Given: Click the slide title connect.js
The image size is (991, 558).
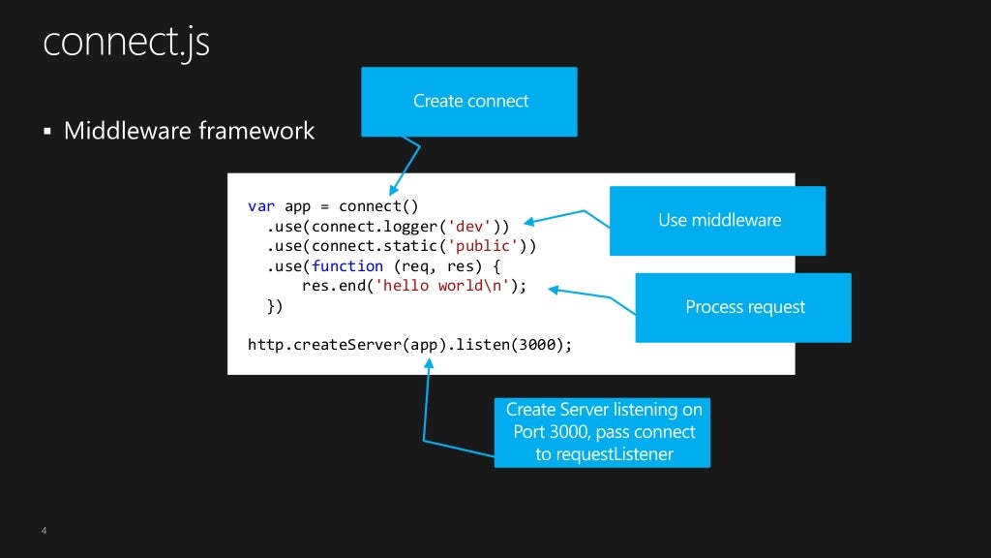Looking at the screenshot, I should coord(126,43).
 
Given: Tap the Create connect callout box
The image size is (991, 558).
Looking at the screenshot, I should coord(469,102).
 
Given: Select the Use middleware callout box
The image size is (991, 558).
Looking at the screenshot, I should coord(717,221).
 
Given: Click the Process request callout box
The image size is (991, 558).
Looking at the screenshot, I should coord(743,308).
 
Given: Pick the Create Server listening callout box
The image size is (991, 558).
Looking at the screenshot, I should coord(602,432).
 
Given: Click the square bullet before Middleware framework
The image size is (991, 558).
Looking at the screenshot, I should coord(46,131).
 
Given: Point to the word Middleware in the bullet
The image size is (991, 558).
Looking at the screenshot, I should coord(127,130).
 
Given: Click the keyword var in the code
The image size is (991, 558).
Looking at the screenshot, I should coord(261,206).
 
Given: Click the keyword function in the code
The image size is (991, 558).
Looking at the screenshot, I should coord(346,265).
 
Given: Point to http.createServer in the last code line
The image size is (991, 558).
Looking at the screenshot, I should coord(324,344).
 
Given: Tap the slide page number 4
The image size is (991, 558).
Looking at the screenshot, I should coord(45,531).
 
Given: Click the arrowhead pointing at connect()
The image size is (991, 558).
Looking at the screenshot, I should coord(393,193).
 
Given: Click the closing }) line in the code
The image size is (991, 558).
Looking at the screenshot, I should coord(275,305).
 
